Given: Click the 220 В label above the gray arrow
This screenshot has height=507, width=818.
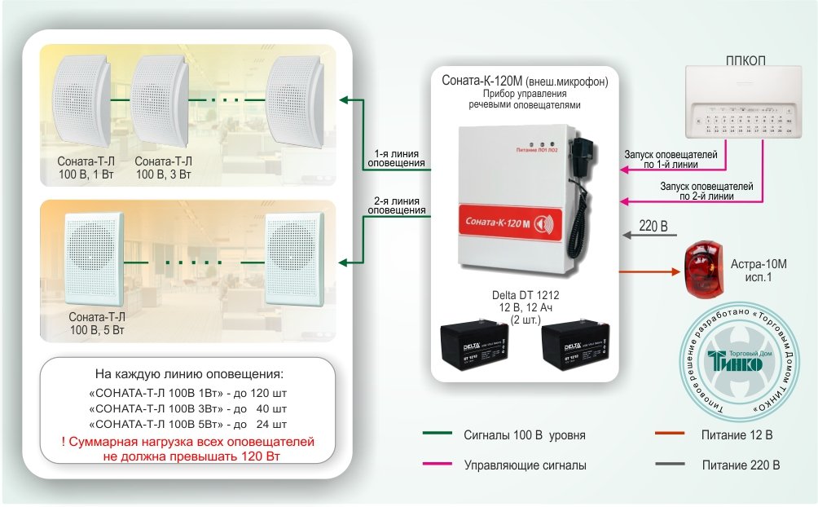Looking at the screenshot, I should tap(653, 224).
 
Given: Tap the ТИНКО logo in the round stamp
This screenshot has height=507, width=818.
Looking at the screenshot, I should tap(737, 361).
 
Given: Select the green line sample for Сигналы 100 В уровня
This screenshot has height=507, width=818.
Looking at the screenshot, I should tap(438, 434).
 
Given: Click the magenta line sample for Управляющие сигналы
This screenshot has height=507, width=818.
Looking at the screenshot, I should tap(438, 465).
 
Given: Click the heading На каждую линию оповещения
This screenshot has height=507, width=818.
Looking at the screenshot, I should tap(189, 374).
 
